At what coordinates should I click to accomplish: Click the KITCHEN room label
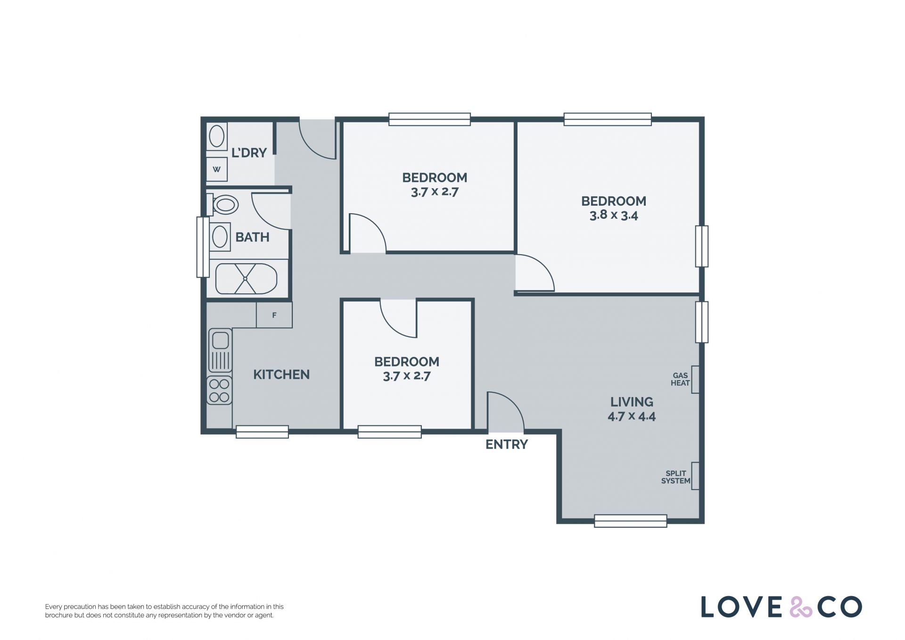point(281,374)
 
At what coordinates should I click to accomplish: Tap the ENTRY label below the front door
point(507,444)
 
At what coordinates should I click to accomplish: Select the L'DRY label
point(249,152)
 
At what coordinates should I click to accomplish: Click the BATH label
point(252,237)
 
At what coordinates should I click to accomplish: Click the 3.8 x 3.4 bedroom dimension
point(614,216)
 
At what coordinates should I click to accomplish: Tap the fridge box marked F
point(274,315)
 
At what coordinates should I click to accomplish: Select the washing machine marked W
point(217,169)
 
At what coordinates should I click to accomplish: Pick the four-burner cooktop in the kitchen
point(220,391)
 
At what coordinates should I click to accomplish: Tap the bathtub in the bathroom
point(246,279)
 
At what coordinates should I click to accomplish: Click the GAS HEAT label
point(680,379)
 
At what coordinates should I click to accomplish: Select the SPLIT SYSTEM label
point(676,477)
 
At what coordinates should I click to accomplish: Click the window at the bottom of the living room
point(631,521)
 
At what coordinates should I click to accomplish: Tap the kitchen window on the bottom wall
point(262,432)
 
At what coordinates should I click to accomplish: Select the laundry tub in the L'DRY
point(217,137)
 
